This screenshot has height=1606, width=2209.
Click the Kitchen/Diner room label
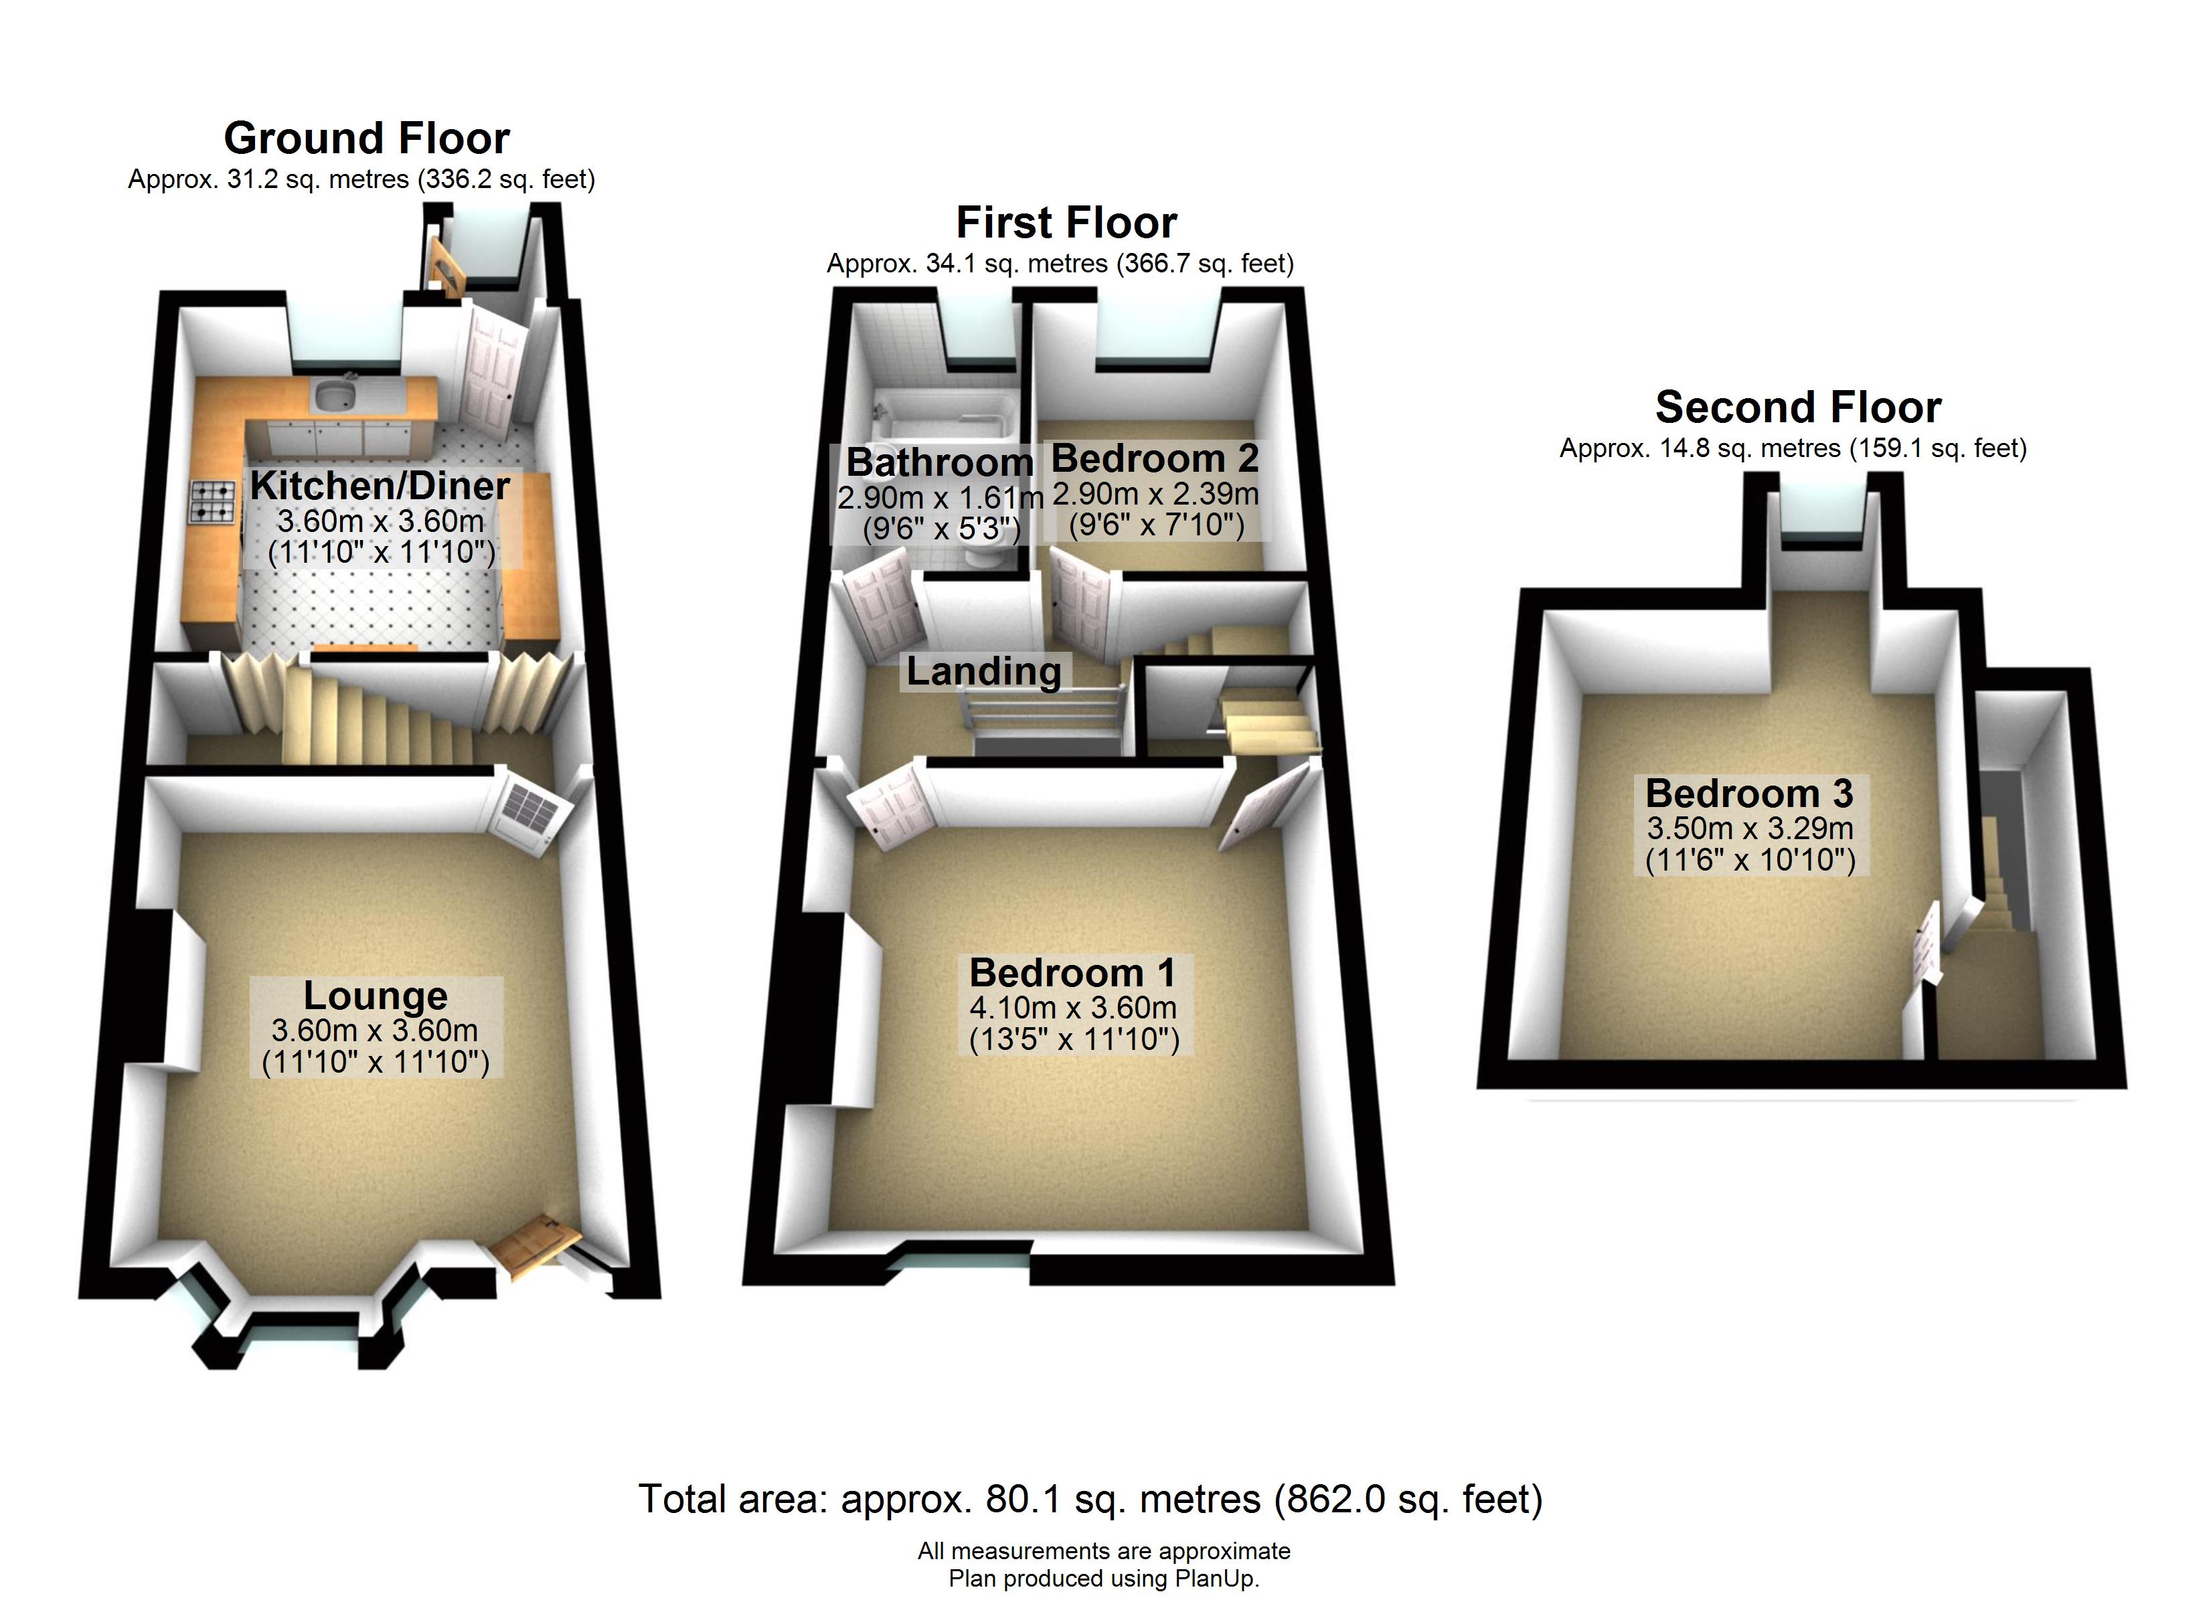coord(380,485)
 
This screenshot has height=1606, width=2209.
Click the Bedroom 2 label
coord(1155,458)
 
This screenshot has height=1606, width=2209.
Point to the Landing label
coord(984,671)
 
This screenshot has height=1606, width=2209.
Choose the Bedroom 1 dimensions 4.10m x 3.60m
coord(1073,1008)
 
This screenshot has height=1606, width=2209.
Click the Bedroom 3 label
coord(1749,793)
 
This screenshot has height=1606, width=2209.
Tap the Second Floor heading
coord(1798,407)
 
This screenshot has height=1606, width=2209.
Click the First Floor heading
coord(1066,223)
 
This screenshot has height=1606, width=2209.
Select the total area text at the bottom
coord(1090,1499)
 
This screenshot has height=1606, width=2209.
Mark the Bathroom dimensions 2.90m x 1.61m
coord(940,498)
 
